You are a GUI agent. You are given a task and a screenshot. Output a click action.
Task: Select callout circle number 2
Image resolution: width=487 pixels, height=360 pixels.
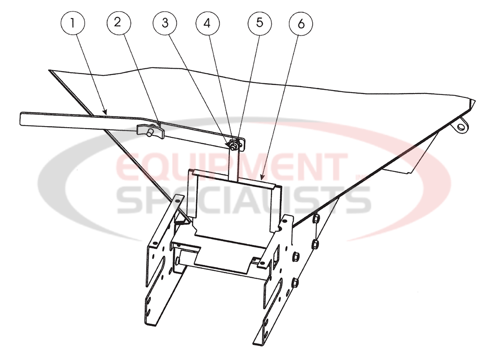pyautogui.click(x=117, y=23)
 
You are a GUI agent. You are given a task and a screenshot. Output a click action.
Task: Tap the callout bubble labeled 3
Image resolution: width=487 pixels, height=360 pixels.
pyautogui.click(x=164, y=23)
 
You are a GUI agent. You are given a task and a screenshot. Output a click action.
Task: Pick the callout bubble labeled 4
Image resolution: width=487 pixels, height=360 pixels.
pyautogui.click(x=208, y=23)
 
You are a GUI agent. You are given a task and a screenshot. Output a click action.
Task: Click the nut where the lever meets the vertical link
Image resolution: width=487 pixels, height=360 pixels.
pyautogui.click(x=234, y=144)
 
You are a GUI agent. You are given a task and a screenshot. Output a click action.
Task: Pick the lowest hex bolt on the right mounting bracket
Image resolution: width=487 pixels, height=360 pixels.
pyautogui.click(x=296, y=282)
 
